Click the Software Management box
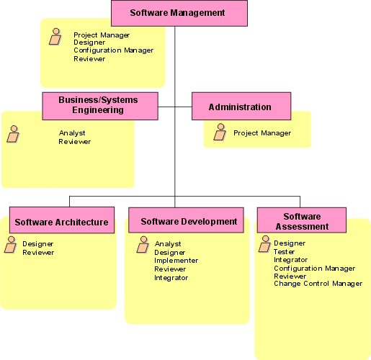pos(179,13)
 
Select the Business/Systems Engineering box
pos(100,106)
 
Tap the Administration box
pos(241,106)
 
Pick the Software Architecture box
pos(62,220)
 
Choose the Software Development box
pos(186,220)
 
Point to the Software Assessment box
pos(302,220)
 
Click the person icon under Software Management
pos(55,37)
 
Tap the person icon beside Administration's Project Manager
pos(220,132)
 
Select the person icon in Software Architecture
pos(10,245)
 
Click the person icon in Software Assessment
pos(264,244)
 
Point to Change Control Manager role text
pos(318,284)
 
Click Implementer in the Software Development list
pos(176,261)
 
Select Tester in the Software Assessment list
pos(284,252)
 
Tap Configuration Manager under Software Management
pos(113,50)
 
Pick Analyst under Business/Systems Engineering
pos(72,133)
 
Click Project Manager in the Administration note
pos(262,133)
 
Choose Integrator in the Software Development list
pos(171,278)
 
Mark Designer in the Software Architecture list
pos(37,244)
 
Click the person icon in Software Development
pos(143,245)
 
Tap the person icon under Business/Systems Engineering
pos(13,134)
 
